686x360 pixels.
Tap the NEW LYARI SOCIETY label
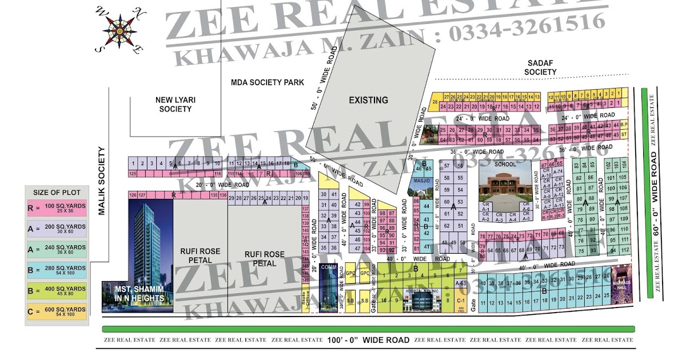coord(176,104)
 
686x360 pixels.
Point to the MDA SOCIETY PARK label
coord(267,82)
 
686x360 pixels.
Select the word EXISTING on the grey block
coord(368,100)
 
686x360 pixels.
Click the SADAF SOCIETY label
coord(540,67)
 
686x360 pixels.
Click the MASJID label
coord(422,181)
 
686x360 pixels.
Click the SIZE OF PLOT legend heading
coord(57,192)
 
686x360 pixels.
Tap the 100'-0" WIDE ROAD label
coord(369,340)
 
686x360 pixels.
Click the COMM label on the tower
coord(328,267)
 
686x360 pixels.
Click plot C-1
coord(461,299)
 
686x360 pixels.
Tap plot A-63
coord(460,283)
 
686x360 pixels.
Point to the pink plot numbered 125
coord(133,173)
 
